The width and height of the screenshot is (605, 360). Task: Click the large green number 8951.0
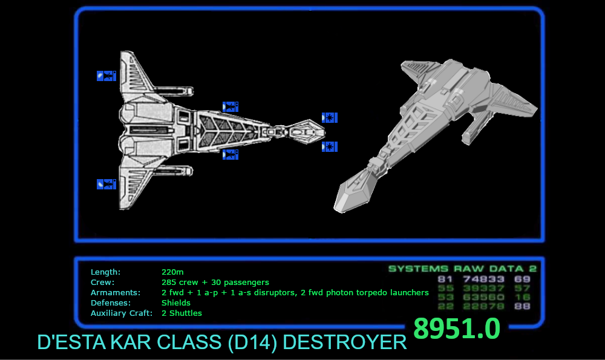pos(457,329)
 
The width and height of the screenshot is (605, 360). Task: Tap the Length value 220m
pos(172,272)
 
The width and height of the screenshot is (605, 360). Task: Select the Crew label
pos(102,283)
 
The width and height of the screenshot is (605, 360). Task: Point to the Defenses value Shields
pos(176,303)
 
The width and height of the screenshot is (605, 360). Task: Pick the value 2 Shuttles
pos(181,313)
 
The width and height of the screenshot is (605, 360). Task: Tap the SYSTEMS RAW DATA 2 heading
pos(462,269)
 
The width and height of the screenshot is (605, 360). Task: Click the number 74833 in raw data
pos(484,280)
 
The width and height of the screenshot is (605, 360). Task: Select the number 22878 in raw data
pos(484,307)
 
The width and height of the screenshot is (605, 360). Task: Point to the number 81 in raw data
pos(445,280)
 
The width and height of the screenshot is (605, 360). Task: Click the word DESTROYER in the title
pos(345,342)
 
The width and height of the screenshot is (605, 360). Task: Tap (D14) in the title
pos(253,342)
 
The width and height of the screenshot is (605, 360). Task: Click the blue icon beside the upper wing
pos(106,76)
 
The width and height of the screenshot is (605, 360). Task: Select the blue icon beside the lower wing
pos(106,184)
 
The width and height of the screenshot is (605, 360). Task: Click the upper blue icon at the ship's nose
pos(330,117)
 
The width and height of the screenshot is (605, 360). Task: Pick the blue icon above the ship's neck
pos(230,107)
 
